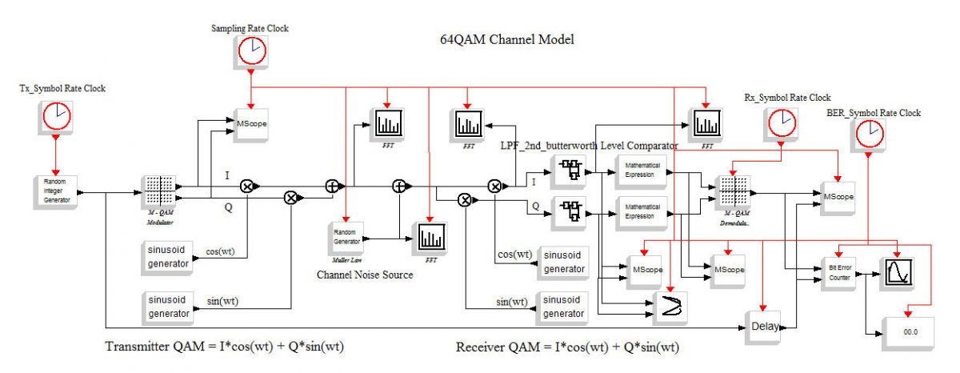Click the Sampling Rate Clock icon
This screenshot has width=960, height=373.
(x=250, y=51)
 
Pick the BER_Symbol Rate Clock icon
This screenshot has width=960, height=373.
(x=870, y=136)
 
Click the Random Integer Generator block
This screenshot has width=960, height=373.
(x=56, y=191)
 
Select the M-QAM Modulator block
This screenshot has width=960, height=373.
(x=158, y=193)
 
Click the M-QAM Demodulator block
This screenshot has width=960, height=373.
(x=732, y=193)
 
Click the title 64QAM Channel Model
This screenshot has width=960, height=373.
(x=507, y=39)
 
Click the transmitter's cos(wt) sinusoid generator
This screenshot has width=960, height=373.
(x=169, y=257)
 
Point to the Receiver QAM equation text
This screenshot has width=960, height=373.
(x=573, y=347)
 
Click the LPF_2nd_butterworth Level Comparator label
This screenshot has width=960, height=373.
(x=589, y=146)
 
